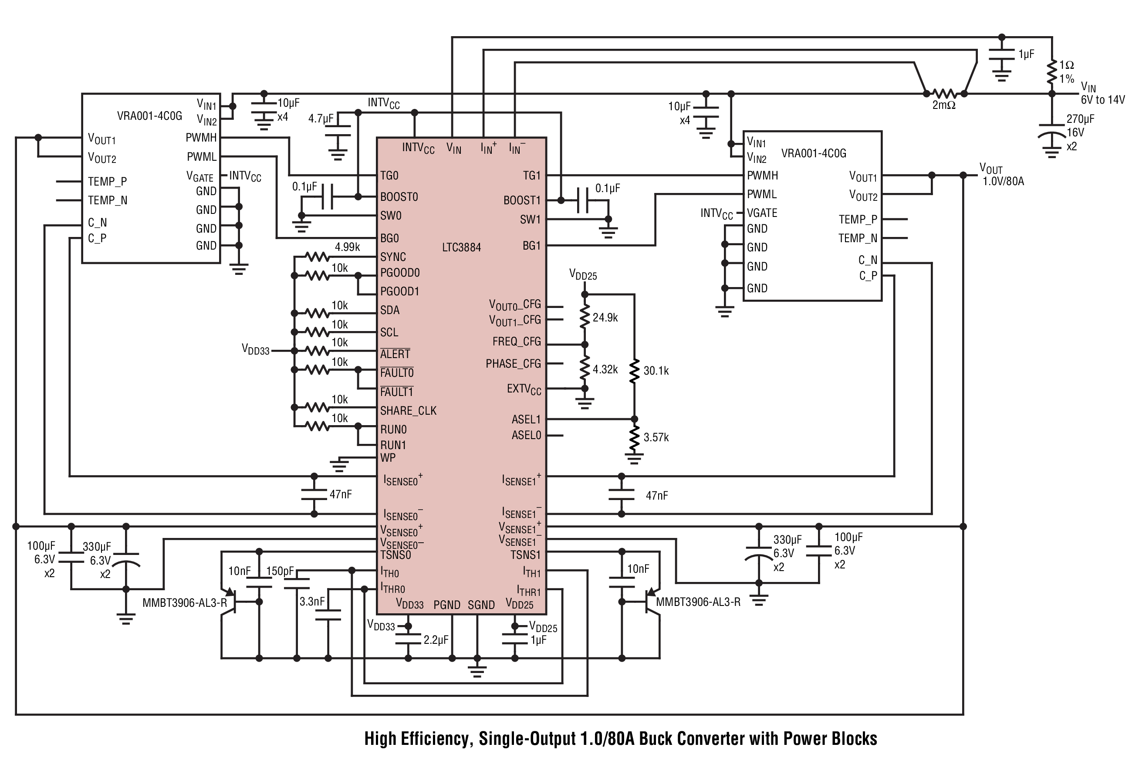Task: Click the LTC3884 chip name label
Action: click(x=461, y=247)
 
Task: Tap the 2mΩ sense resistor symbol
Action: click(x=944, y=93)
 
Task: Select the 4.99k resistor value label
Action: click(x=348, y=247)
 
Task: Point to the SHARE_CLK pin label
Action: click(x=408, y=411)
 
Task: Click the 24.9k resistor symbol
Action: click(x=584, y=318)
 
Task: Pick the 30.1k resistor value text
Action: click(x=656, y=371)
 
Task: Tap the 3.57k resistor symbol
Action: click(x=634, y=438)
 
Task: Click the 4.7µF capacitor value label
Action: click(x=321, y=118)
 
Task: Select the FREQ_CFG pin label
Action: click(x=517, y=342)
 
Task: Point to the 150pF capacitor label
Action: click(x=281, y=571)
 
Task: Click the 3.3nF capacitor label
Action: click(x=312, y=602)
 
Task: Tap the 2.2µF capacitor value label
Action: click(x=436, y=640)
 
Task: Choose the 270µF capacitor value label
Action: click(x=1080, y=119)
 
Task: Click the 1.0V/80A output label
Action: click(x=1003, y=181)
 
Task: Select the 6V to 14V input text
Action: click(x=1103, y=100)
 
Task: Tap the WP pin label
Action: click(x=388, y=458)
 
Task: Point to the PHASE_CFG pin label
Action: click(x=513, y=364)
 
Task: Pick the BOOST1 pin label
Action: click(x=522, y=200)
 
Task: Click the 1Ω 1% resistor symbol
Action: click(x=1051, y=73)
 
